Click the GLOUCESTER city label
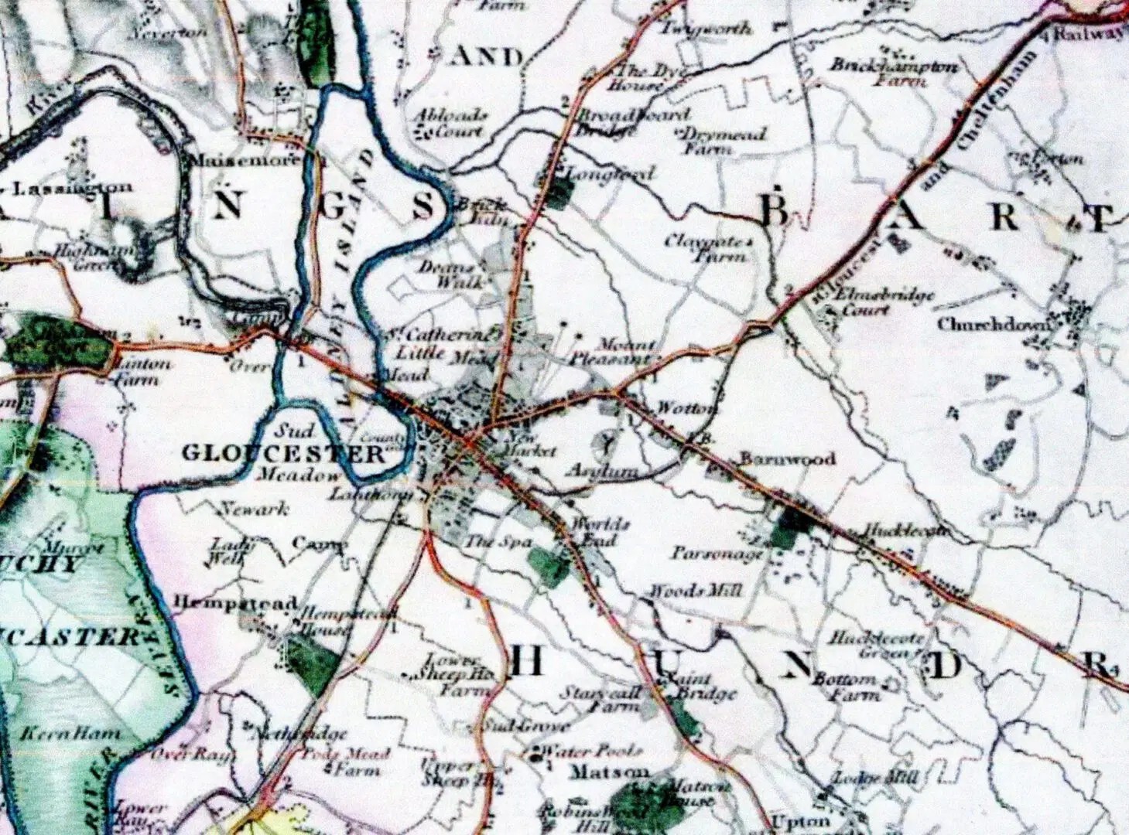[x=283, y=453]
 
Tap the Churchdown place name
[x=994, y=324]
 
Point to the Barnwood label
[x=787, y=458]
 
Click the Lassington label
[x=74, y=187]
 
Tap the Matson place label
[x=609, y=772]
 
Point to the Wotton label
[x=686, y=408]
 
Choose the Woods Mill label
[x=695, y=591]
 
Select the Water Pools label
[x=590, y=751]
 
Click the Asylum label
[x=602, y=471]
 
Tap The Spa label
[x=498, y=543]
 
